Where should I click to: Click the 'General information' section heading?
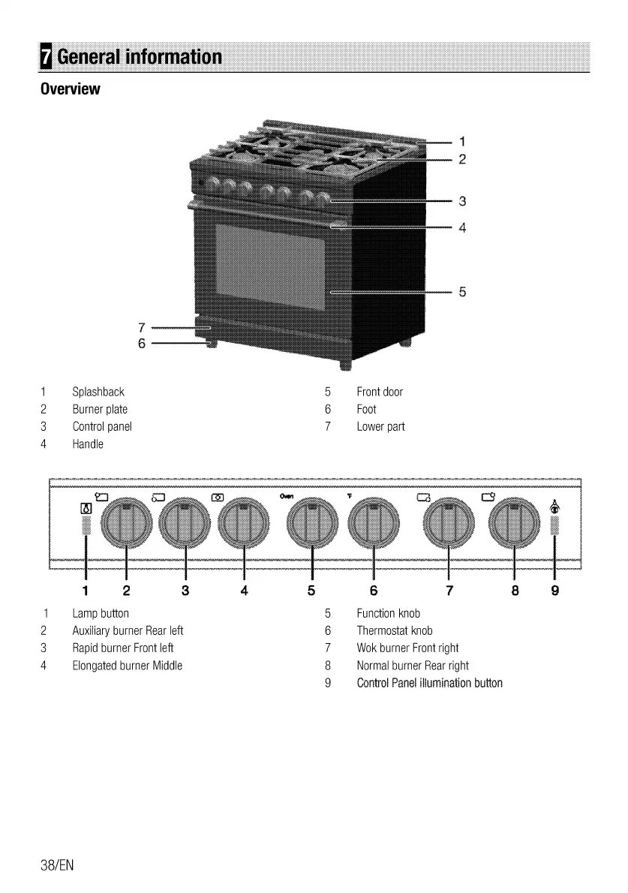pos(139,57)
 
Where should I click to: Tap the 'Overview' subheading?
pos(70,89)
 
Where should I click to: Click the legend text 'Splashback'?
pos(98,392)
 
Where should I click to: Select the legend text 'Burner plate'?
pos(100,409)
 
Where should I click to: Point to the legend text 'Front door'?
pos(380,392)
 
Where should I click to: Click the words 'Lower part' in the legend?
pos(380,426)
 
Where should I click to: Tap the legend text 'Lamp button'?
pos(101,614)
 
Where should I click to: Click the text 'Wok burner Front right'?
pos(407,648)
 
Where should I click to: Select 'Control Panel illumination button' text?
pos(429,683)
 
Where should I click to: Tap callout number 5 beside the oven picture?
pos(463,292)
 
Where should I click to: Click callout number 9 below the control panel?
pos(554,590)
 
